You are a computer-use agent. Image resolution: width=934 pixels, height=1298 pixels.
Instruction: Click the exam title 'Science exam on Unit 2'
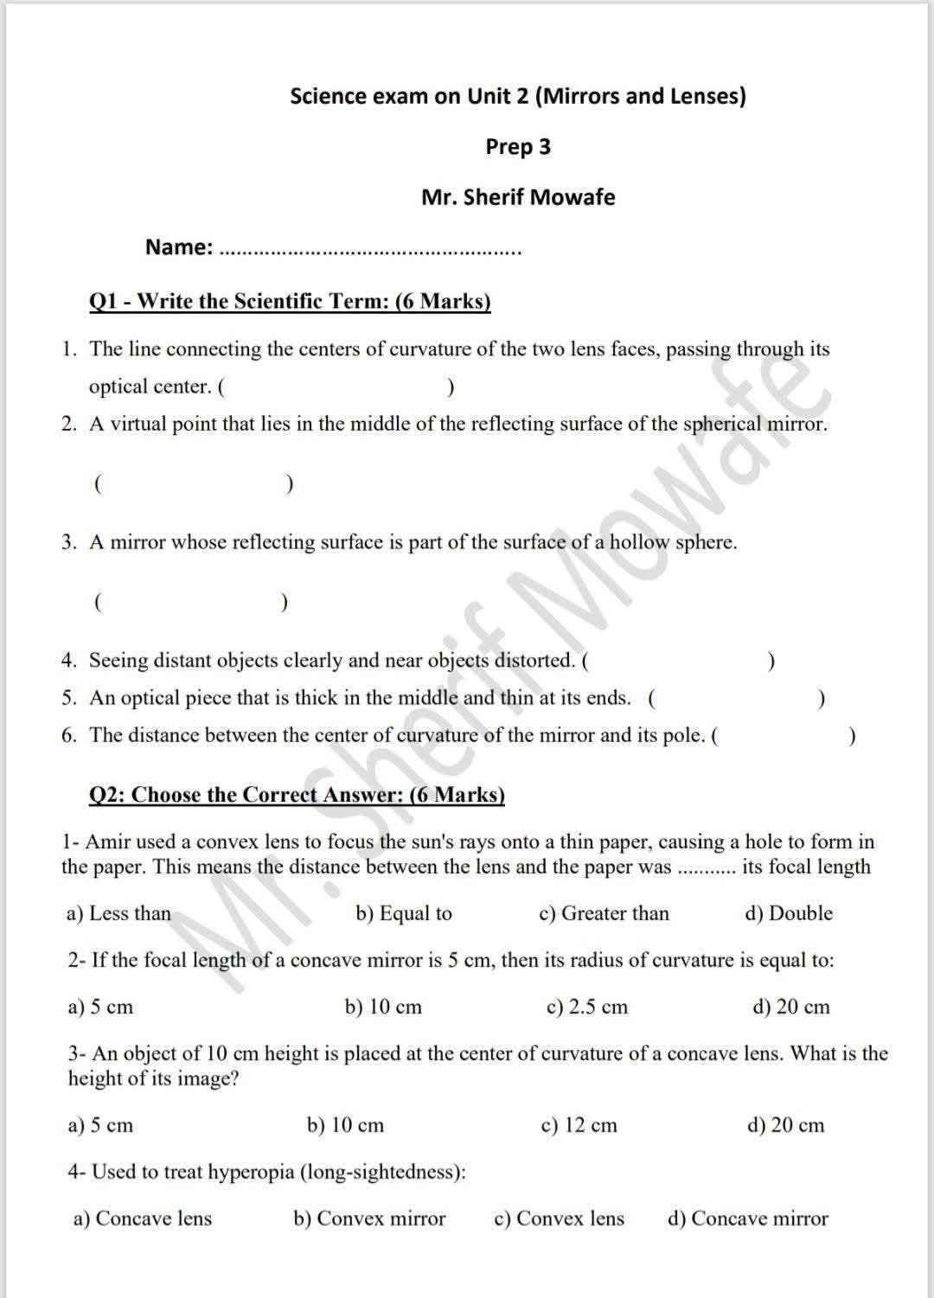click(517, 96)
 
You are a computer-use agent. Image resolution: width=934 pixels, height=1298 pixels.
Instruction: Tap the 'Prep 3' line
click(517, 147)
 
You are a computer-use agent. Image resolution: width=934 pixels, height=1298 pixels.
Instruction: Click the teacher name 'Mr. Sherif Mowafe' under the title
click(517, 197)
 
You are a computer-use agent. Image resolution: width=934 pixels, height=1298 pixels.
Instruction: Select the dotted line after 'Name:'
click(371, 252)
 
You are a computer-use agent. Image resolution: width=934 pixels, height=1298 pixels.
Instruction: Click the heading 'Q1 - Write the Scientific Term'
click(290, 301)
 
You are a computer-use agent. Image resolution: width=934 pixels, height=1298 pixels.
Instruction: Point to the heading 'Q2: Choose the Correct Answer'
click(297, 795)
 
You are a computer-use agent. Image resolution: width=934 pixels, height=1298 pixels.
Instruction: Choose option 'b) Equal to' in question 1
click(404, 914)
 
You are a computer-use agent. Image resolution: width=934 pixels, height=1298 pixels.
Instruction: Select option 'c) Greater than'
click(604, 914)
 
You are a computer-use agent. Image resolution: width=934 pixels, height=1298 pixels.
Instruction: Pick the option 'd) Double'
click(789, 914)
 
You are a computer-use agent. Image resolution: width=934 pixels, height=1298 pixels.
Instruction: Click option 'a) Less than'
click(118, 914)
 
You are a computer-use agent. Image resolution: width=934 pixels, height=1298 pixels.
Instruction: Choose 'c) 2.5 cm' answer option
click(587, 1007)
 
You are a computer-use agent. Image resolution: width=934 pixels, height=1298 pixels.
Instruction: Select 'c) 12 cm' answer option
click(579, 1126)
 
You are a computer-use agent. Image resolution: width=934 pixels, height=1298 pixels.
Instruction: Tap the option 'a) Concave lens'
click(143, 1219)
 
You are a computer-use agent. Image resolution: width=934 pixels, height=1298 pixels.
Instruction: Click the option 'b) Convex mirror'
click(369, 1219)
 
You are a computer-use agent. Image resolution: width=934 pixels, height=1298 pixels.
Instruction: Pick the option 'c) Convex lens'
click(559, 1219)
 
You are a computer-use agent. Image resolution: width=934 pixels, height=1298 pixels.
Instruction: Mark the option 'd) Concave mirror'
click(748, 1219)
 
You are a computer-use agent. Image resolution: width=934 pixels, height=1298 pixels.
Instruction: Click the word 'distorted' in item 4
click(533, 662)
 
